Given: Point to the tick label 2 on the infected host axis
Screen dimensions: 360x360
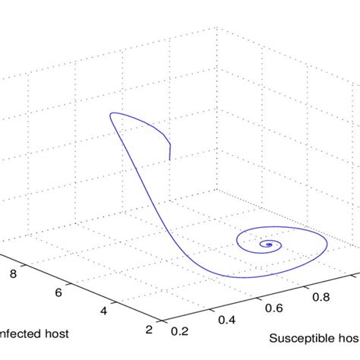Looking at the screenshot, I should tap(148, 328).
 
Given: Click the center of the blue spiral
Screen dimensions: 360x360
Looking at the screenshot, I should tap(267, 245).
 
